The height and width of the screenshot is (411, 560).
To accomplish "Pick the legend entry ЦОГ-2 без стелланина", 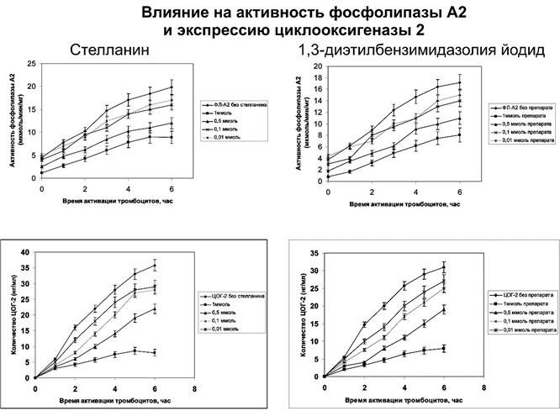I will [233, 298].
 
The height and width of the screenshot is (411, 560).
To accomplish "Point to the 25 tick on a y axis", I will [30, 64].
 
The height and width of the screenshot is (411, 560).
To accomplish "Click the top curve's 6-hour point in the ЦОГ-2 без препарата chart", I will [444, 266].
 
